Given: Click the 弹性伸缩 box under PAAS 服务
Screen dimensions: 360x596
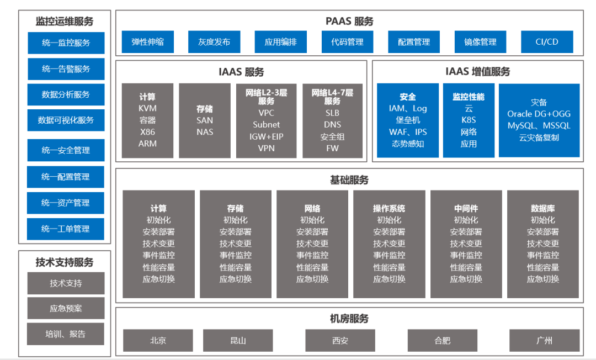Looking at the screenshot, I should (147, 42).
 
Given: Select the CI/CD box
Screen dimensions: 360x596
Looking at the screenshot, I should (546, 42).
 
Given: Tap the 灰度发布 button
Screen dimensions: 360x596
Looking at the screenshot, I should (214, 42).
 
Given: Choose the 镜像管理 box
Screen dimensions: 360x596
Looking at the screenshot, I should (480, 42).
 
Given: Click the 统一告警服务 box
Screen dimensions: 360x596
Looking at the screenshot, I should (66, 69).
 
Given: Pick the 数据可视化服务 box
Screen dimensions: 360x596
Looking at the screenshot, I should (66, 120).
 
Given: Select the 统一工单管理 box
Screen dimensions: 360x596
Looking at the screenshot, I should (66, 229).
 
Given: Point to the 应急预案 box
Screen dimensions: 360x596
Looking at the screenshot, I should (66, 309).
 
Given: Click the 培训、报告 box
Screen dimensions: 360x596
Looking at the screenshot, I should (66, 334).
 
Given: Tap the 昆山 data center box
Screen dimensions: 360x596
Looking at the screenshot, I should (238, 341).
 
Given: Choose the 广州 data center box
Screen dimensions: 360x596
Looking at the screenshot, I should (544, 341).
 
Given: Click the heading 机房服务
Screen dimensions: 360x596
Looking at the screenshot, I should (349, 319).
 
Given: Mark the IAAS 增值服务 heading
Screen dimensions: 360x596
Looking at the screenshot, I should (478, 72).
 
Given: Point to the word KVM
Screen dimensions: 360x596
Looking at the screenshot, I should (147, 108).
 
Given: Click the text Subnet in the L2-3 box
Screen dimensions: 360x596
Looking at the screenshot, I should (266, 125).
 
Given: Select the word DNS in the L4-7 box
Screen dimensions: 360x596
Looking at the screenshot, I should (332, 125).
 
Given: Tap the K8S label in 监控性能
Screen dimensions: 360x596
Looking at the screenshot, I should (469, 120).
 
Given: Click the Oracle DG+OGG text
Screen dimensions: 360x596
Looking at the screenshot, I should (539, 114).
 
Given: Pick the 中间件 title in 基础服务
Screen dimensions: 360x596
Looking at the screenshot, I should (466, 209).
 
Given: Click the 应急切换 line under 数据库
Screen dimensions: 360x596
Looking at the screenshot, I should (542, 279).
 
